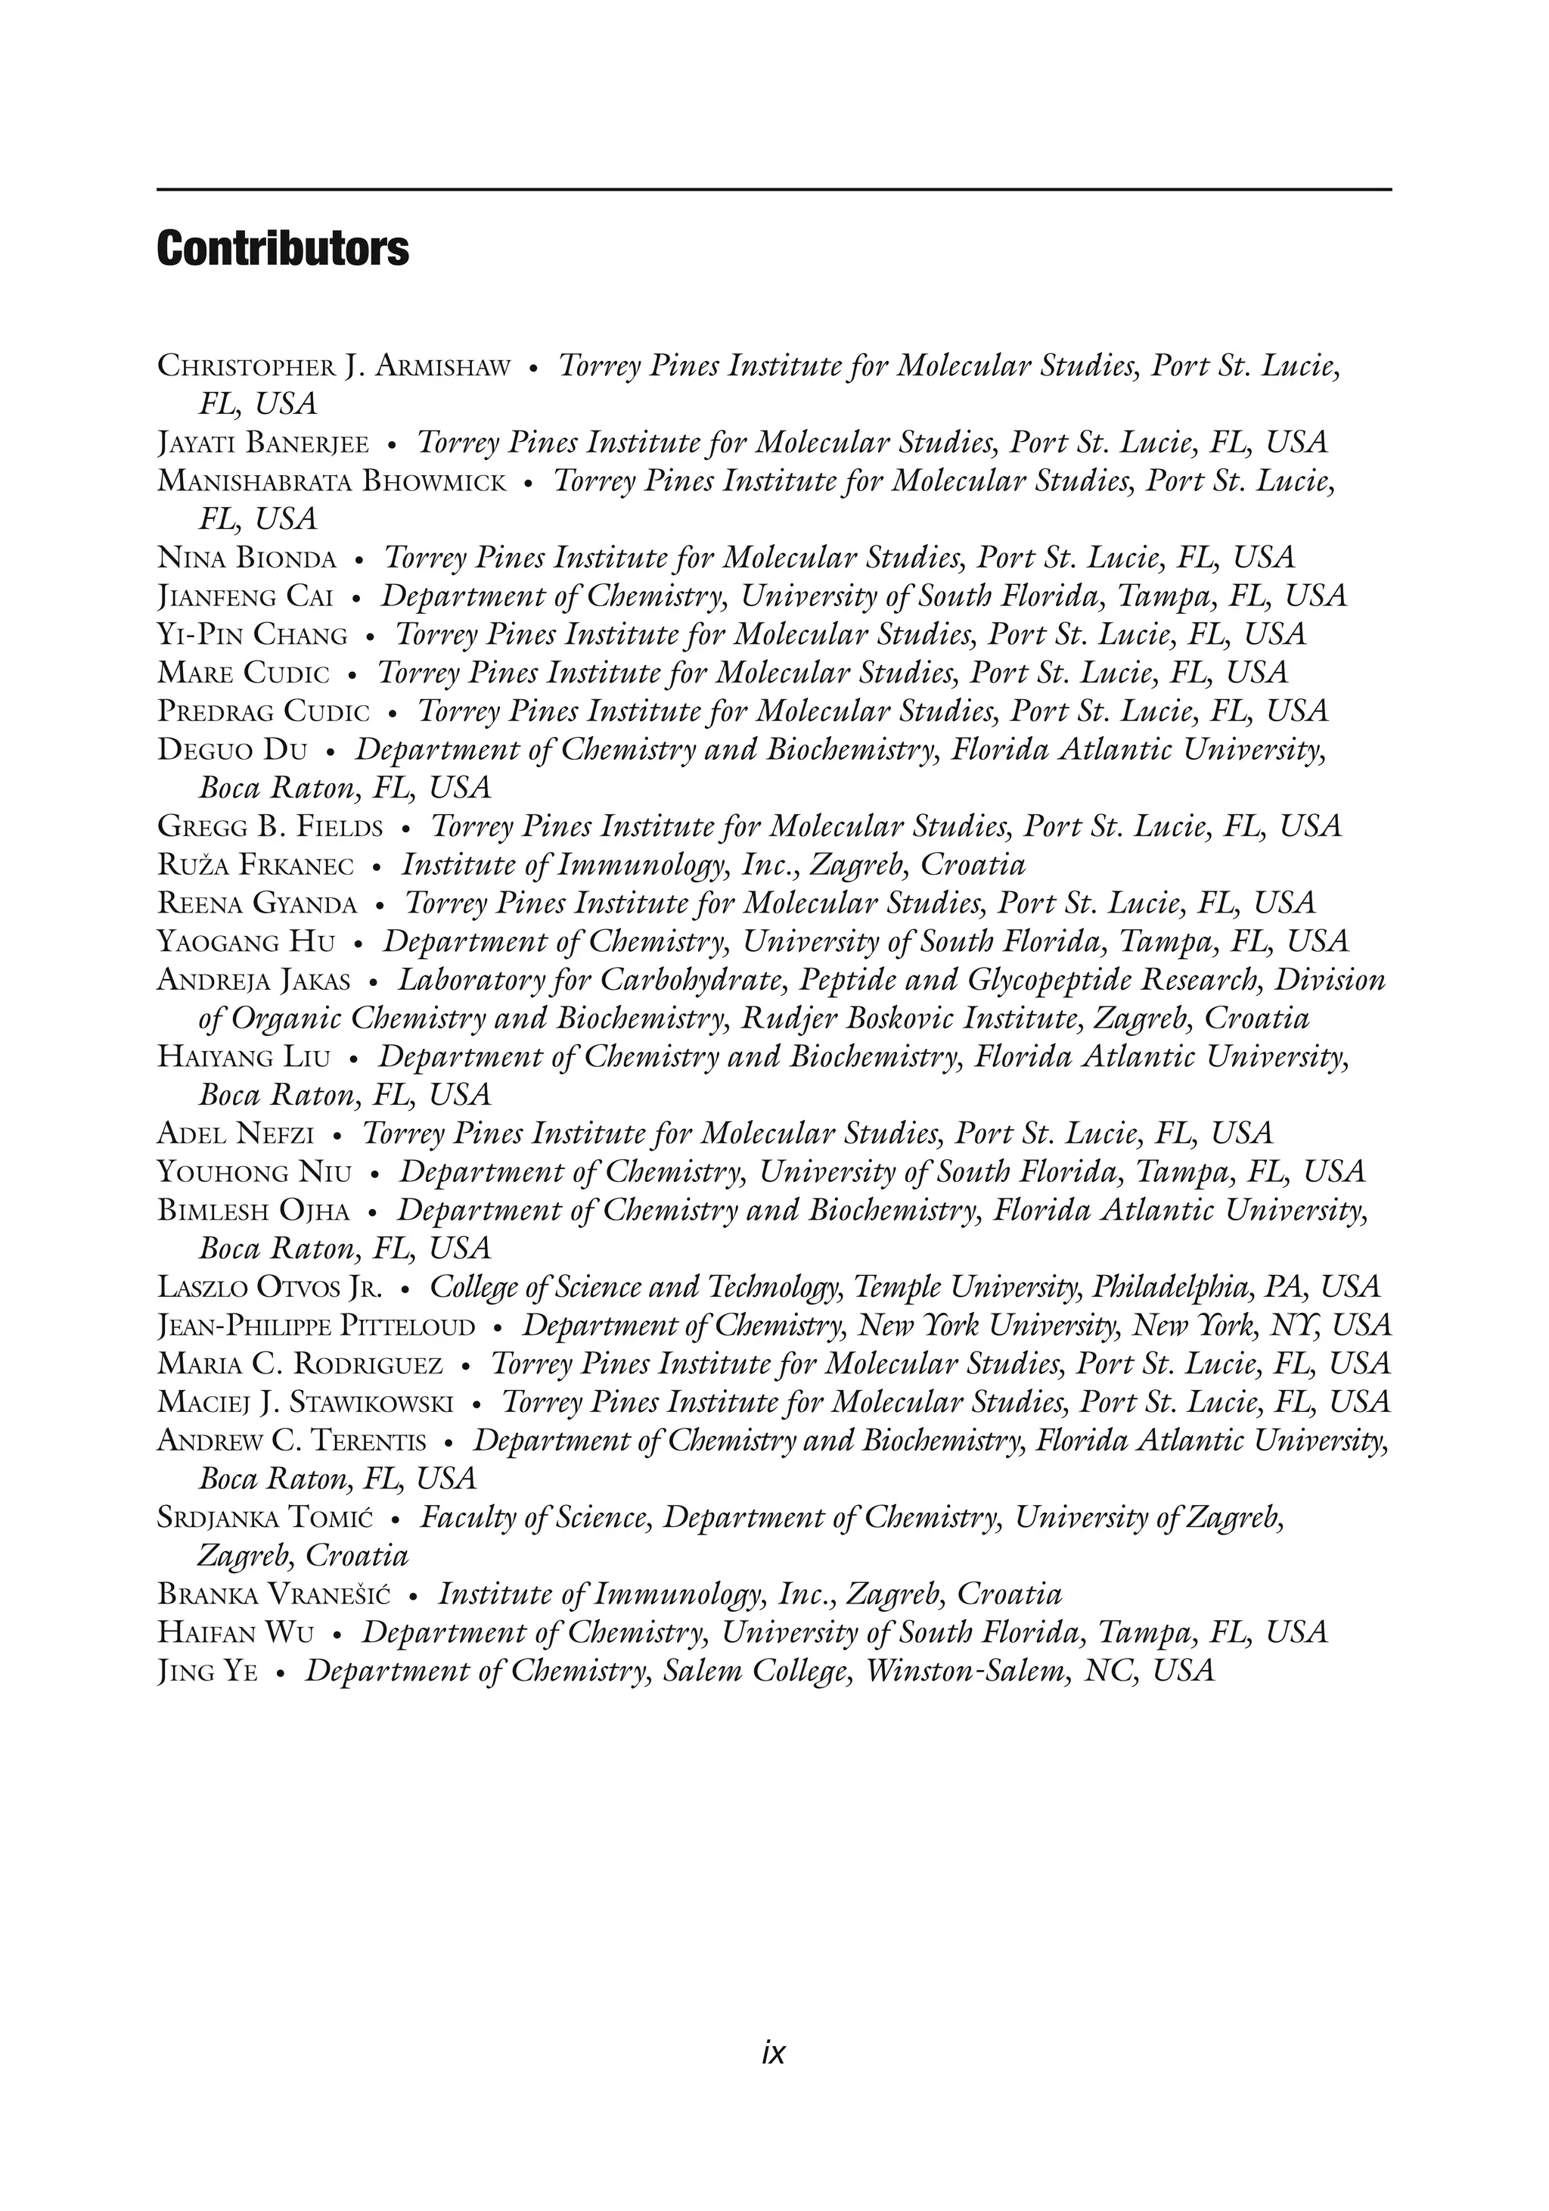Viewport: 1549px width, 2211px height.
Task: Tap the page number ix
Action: tap(773, 2052)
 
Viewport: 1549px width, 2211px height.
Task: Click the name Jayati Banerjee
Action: tap(262, 443)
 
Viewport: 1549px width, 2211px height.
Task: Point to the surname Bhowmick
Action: tap(433, 481)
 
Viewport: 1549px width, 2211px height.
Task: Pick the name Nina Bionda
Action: tap(247, 558)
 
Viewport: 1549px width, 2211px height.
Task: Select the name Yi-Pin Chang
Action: tap(252, 636)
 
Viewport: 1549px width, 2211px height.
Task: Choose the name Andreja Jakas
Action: tap(253, 981)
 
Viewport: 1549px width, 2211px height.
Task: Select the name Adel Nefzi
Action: tap(235, 1134)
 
